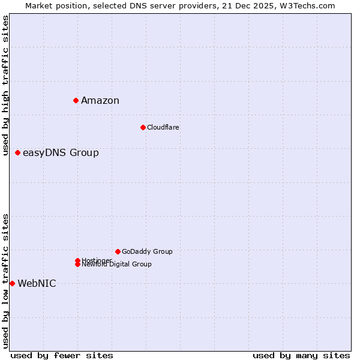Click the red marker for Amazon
coord(76,100)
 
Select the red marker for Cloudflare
coord(143,127)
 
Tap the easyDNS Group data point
coord(18,152)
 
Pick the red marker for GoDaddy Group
coord(118,251)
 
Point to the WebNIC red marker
coord(12,283)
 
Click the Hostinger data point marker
coord(78,260)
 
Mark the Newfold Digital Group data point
coord(78,265)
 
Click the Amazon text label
coord(100,100)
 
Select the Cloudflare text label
coord(163,127)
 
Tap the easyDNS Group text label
coord(61,152)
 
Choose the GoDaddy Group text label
coord(147,251)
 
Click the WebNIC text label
coord(37,283)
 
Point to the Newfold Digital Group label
coord(117,265)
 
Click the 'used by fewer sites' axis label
coord(62,355)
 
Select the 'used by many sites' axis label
coord(301,355)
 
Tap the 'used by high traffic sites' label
coord(5,85)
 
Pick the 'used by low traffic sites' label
coord(5,281)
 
